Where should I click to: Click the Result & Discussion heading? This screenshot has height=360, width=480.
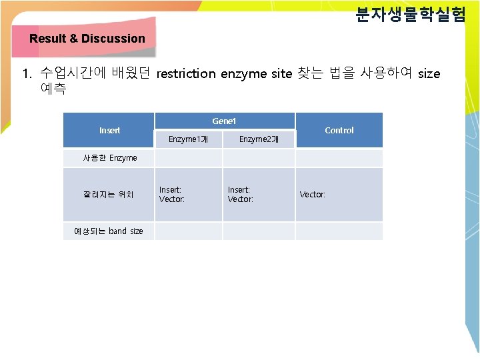click(x=87, y=39)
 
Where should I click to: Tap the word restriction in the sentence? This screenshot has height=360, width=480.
click(x=186, y=74)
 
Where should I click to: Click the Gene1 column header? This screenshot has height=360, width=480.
click(x=224, y=121)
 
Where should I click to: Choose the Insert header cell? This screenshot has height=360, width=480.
click(x=109, y=130)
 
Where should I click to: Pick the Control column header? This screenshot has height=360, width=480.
click(x=339, y=130)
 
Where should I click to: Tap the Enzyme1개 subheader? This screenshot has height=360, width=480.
click(x=189, y=139)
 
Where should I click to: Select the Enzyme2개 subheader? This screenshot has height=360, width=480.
click(x=259, y=139)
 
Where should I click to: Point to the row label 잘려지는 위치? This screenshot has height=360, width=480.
click(x=109, y=195)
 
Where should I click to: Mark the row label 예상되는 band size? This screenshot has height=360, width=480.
click(x=109, y=231)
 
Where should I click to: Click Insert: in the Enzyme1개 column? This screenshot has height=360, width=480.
click(x=170, y=190)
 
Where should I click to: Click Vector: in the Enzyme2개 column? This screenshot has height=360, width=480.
click(x=240, y=199)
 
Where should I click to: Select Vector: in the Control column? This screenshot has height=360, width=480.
click(x=312, y=195)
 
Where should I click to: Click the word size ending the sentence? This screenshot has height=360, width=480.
click(x=429, y=74)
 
